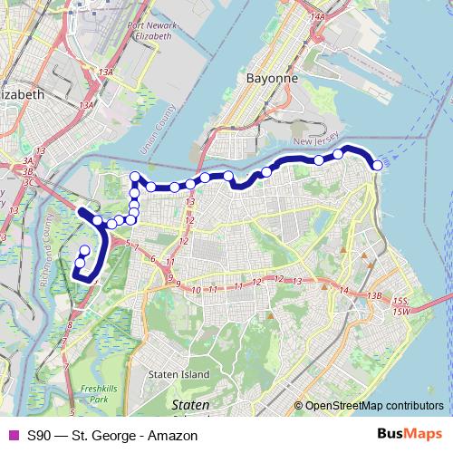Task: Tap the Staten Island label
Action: coord(179,374)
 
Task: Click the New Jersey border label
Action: coord(314,142)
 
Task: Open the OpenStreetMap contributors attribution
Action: coord(373,405)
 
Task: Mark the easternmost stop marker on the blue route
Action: coord(376,163)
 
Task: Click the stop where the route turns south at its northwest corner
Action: coord(135,177)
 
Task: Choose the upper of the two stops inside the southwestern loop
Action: coord(85,251)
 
